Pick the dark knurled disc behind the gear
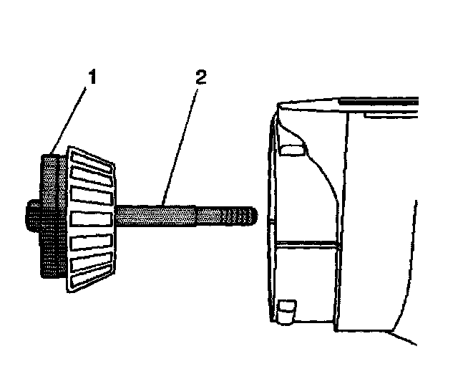pos(49,215)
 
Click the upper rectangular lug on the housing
pos(291,150)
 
